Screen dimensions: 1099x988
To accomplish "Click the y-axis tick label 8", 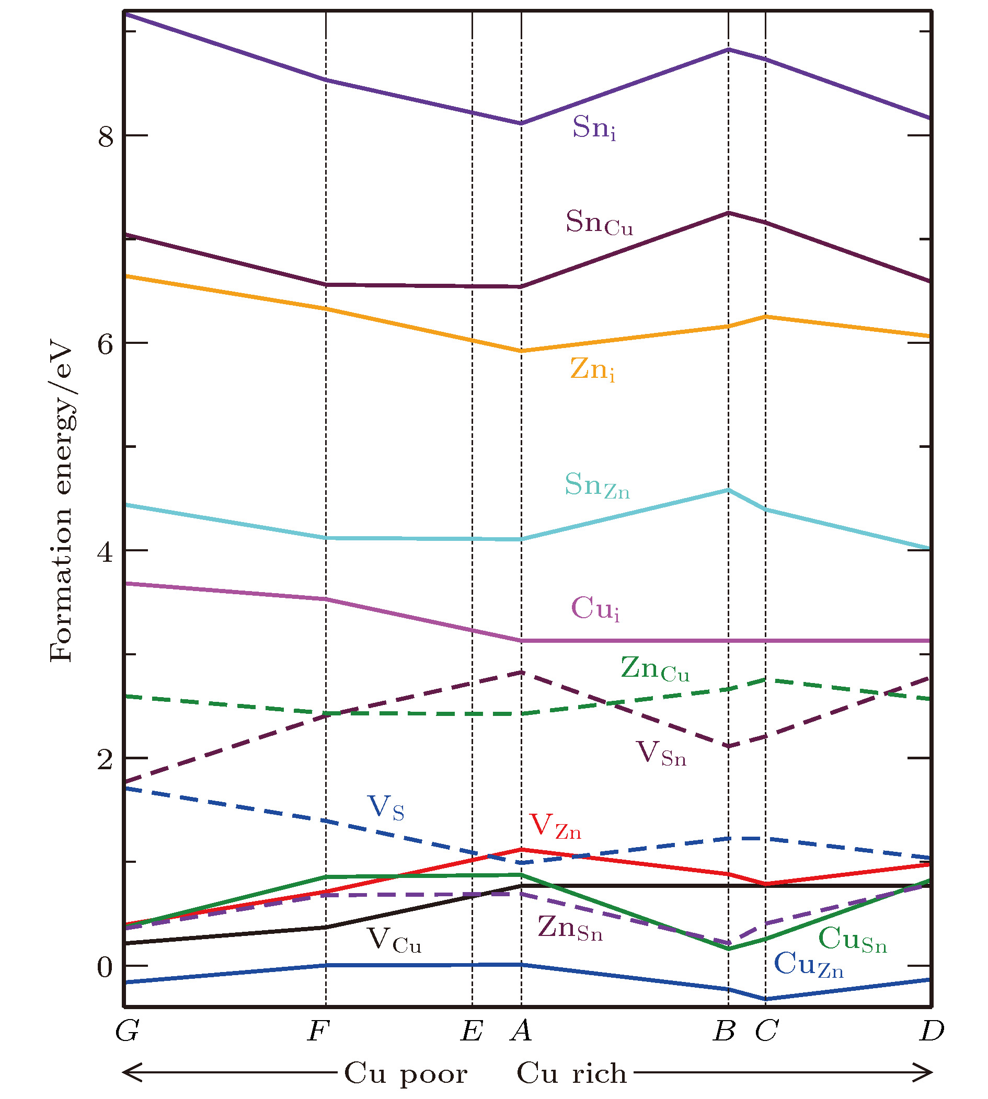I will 105,136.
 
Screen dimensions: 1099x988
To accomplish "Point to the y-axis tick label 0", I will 105,967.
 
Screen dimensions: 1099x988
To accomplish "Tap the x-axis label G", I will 127,1031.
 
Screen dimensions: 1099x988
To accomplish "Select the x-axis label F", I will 318,1031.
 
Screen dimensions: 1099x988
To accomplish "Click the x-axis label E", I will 471,1031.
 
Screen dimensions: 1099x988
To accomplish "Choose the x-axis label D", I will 932,1031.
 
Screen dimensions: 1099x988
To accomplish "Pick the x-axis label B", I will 724,1031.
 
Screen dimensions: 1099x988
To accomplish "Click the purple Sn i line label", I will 594,128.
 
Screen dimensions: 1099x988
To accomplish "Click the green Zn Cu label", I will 654,668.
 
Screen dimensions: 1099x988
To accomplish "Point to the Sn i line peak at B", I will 728,50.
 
